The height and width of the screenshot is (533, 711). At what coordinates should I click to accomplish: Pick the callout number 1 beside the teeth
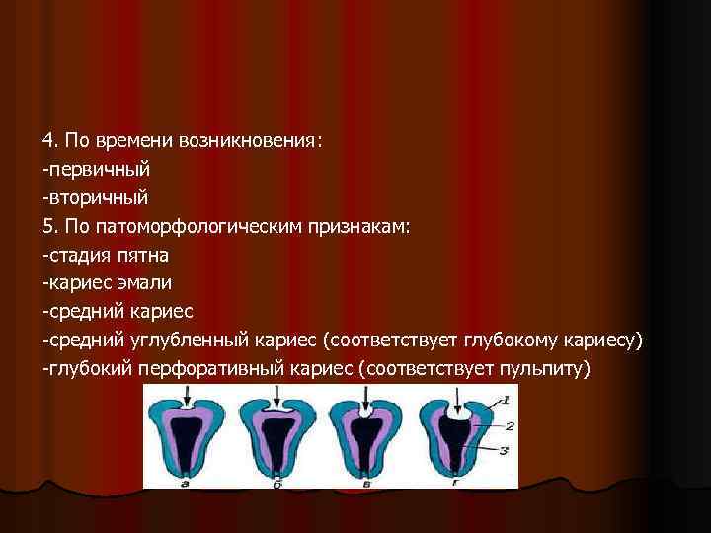click(x=505, y=399)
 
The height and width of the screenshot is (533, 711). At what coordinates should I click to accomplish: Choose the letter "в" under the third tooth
click(x=365, y=483)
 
